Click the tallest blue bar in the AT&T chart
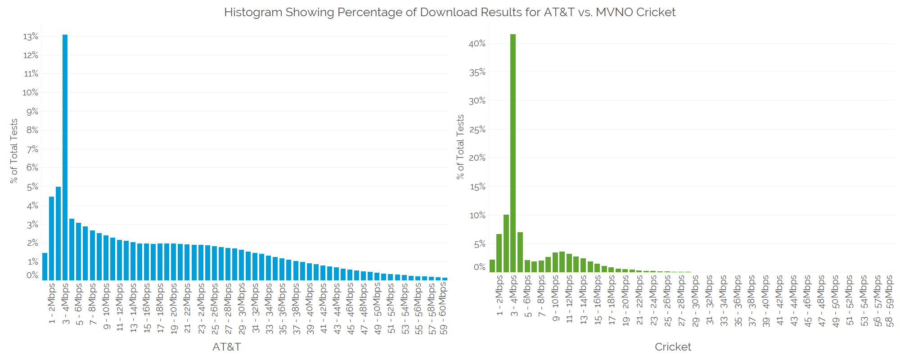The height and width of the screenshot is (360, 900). [65, 157]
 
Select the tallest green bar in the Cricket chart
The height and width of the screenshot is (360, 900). [513, 153]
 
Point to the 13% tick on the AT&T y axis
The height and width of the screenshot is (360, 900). [31, 36]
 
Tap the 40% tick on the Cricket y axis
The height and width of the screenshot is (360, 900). [477, 44]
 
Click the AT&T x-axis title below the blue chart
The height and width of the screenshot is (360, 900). [226, 347]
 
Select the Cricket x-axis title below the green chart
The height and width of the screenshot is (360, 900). [673, 347]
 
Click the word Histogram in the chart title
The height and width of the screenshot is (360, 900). [253, 12]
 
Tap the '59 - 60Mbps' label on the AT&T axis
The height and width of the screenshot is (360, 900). [443, 309]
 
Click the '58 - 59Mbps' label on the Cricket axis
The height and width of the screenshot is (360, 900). [889, 301]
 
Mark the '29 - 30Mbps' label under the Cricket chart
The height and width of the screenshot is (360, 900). [696, 301]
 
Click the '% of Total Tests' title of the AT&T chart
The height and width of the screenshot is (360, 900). [14, 151]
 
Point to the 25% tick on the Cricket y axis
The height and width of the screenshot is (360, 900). [477, 130]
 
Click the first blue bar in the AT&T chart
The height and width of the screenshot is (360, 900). [45, 267]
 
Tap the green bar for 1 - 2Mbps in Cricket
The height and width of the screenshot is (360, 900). [499, 253]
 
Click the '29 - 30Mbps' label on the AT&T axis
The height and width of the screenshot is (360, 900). [242, 309]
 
